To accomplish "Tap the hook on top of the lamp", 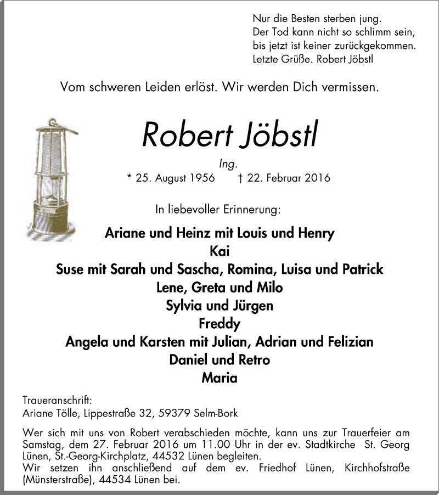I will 52,121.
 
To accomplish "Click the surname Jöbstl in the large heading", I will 279,133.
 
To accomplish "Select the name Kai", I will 219,251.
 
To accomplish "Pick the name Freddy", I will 219,324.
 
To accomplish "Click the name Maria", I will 219,378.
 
